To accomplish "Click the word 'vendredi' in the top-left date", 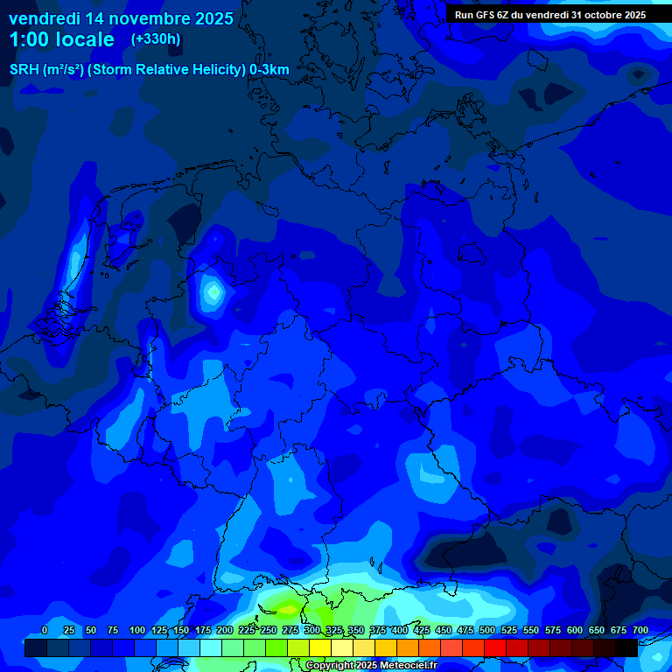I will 41,17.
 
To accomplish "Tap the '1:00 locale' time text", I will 61,39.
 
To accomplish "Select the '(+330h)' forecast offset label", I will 156,39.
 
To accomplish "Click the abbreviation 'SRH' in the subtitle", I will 24,70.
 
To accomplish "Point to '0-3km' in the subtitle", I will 269,70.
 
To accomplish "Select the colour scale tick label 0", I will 45,630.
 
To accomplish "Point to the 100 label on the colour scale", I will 136,630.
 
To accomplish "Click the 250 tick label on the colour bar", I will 268,630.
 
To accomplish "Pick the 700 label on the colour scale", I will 640,630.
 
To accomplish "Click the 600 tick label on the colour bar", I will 574,630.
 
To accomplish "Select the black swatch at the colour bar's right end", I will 626,647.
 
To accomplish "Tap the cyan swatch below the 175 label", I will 211,647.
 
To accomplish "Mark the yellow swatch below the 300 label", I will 320,647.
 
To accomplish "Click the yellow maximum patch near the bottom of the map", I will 287,603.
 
